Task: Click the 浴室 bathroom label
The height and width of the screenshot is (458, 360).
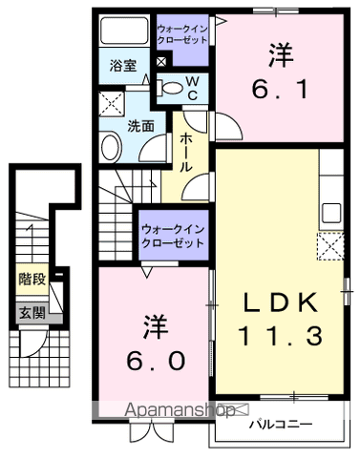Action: [122, 67]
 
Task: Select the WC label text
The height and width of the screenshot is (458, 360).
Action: [192, 90]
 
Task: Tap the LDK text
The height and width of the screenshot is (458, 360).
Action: [279, 302]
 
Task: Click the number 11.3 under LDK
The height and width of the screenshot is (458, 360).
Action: [279, 336]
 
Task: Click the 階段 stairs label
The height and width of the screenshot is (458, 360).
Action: [30, 280]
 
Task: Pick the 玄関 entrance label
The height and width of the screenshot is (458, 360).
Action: [30, 311]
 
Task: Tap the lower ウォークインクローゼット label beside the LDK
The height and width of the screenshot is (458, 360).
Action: [173, 237]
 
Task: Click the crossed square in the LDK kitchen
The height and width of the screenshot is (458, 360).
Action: [330, 248]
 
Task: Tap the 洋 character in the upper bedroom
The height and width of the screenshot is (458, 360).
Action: [278, 54]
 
